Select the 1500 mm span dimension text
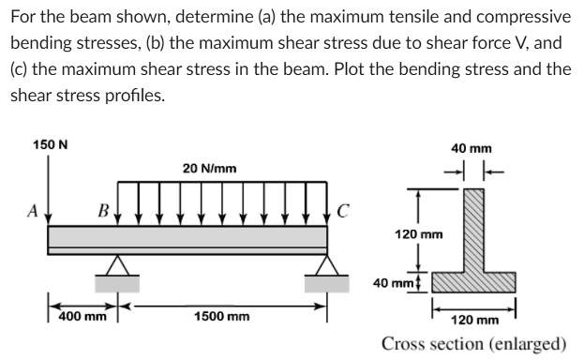222,317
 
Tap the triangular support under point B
116,267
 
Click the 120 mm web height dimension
415,232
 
